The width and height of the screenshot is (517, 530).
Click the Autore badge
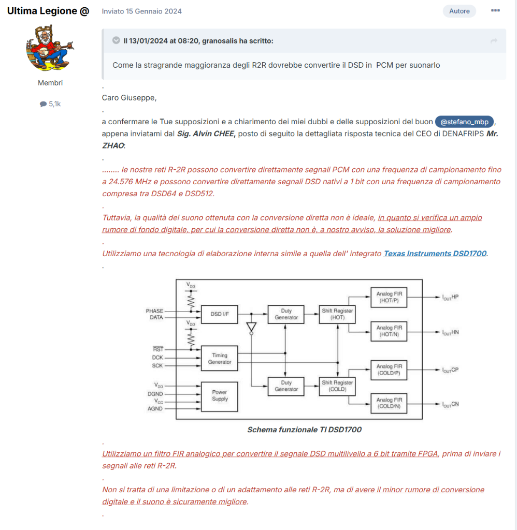[459, 11]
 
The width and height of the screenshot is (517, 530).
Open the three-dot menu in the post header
[495, 10]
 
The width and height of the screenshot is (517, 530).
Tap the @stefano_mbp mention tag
[464, 122]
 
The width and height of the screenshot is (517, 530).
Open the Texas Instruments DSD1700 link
[435, 254]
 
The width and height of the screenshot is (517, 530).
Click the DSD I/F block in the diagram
[220, 314]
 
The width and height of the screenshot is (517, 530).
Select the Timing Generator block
[220, 358]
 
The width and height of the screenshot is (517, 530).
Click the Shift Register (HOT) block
[337, 314]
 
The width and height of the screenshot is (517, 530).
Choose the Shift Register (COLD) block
[337, 386]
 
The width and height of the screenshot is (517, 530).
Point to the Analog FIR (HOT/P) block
[389, 297]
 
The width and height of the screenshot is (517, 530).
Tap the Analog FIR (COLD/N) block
[389, 403]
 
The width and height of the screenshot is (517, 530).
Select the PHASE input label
[154, 311]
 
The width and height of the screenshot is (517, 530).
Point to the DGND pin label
[155, 394]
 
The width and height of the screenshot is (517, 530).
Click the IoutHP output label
[450, 297]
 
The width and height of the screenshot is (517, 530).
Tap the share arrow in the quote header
[494, 41]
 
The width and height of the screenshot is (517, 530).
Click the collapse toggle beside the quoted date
[116, 40]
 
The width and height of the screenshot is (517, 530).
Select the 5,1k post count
[50, 104]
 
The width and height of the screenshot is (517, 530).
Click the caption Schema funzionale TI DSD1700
[304, 430]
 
